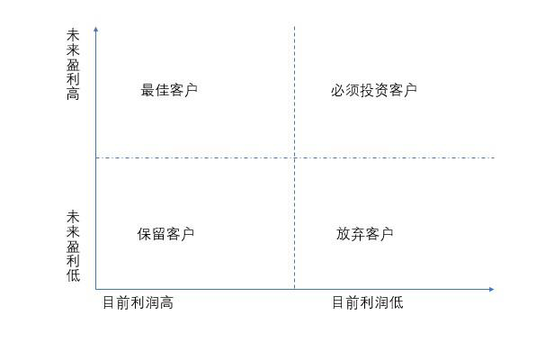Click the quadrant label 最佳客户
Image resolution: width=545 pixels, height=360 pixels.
169,90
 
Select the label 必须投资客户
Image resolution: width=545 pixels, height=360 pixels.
373,90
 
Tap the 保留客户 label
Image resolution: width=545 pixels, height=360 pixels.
165,234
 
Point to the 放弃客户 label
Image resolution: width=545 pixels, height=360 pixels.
364,234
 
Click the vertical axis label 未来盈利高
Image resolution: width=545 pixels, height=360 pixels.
73,64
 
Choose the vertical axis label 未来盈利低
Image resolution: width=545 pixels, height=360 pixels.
73,246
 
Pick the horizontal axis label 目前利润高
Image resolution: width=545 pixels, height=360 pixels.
138,302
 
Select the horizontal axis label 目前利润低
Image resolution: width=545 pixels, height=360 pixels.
367,302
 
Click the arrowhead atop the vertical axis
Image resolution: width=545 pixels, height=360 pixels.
95,30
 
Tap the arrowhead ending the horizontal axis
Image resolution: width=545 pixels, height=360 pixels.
491,289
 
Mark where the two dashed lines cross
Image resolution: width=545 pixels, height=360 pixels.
294,158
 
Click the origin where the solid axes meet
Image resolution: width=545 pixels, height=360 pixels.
95,289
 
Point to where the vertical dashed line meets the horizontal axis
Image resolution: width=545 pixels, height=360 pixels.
294,289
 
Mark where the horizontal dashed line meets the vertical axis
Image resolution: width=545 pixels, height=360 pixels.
95,158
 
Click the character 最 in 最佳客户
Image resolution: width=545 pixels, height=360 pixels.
147,90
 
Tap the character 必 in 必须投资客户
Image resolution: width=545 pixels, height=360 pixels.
337,90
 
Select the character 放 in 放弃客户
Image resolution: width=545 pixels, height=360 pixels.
343,234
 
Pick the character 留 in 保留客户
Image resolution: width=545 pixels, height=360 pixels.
158,234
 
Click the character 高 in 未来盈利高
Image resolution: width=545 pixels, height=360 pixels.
73,94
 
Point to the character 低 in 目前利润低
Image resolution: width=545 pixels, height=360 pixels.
396,302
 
